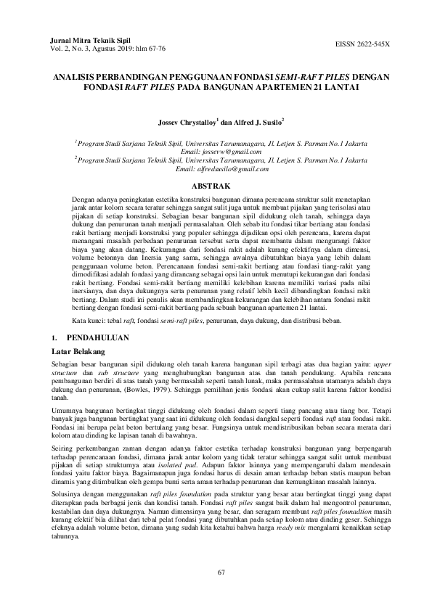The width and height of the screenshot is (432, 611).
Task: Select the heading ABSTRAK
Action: [215, 186]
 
